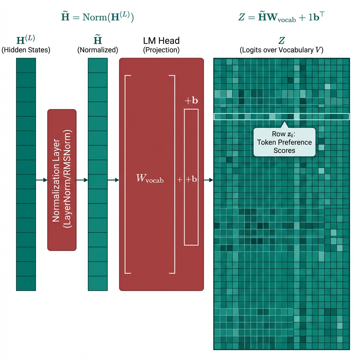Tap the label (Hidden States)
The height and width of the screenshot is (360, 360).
[26, 50]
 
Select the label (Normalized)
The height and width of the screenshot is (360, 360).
[97, 50]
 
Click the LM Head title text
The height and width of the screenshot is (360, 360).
[161, 40]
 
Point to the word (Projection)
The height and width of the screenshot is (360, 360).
[161, 50]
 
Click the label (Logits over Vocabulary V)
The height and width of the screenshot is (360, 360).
[282, 50]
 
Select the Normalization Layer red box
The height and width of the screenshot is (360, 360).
[62, 180]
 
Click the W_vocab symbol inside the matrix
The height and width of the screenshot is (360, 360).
[149, 179]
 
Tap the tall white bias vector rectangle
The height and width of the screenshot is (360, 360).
[191, 211]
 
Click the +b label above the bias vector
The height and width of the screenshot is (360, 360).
[191, 101]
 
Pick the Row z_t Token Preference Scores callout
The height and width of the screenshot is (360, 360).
[284, 142]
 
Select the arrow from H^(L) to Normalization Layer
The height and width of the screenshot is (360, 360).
[41, 180]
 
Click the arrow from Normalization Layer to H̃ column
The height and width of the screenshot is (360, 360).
[82, 180]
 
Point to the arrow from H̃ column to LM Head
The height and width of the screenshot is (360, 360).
[113, 180]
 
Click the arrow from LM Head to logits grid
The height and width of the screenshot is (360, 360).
[208, 180]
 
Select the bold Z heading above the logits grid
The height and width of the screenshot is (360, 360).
[282, 41]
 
